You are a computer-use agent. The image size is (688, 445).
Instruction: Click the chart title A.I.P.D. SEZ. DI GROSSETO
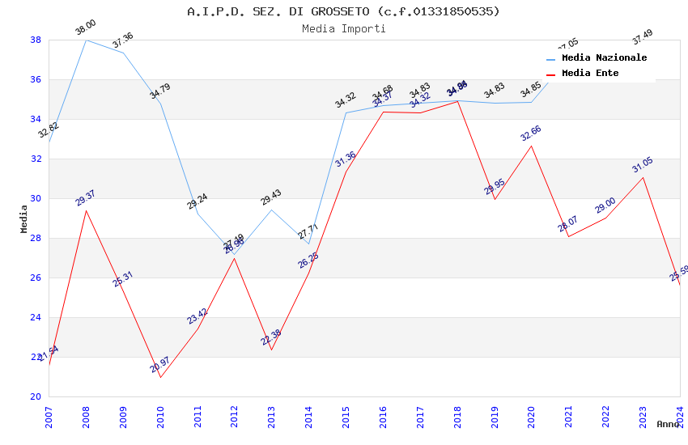pyautogui.click(x=343, y=11)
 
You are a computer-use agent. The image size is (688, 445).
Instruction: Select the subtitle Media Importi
pyautogui.click(x=343, y=28)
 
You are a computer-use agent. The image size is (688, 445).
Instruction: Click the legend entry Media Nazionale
pyautogui.click(x=604, y=57)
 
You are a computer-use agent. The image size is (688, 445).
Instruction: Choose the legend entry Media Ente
pyautogui.click(x=590, y=73)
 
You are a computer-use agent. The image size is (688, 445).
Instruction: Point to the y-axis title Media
pyautogui.click(x=24, y=218)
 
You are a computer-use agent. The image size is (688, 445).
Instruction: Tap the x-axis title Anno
pyautogui.click(x=668, y=424)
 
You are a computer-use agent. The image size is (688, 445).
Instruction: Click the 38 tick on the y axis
pyautogui.click(x=36, y=40)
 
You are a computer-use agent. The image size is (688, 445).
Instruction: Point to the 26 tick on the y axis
pyautogui.click(x=36, y=278)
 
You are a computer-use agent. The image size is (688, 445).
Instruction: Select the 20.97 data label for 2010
pyautogui.click(x=159, y=366)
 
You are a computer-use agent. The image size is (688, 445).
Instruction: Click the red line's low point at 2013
pyautogui.click(x=271, y=350)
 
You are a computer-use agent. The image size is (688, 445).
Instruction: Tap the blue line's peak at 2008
pyautogui.click(x=86, y=40)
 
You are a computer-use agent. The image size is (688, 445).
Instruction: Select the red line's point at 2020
pyautogui.click(x=532, y=146)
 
